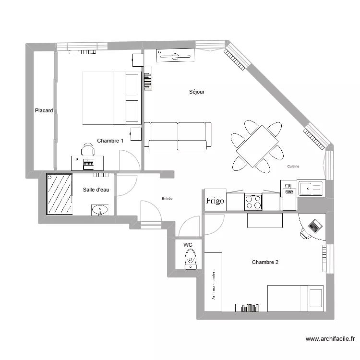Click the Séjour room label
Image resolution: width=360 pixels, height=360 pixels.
pos(197,92)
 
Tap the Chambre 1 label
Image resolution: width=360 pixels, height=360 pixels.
pos(110,141)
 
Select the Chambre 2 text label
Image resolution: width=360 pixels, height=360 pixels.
pos(265,262)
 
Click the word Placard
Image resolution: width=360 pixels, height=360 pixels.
pos(44,110)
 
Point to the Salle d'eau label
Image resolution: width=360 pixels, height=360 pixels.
pos(96,190)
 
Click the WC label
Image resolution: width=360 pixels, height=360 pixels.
pos(188,244)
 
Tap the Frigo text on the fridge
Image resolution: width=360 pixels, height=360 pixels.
pos(215,201)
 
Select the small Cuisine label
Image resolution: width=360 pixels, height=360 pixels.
pos(293,167)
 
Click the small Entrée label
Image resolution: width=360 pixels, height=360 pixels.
pos(167,198)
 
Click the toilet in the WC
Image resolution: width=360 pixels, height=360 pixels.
pos(191,258)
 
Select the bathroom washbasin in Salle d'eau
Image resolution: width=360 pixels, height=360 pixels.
pos(100,210)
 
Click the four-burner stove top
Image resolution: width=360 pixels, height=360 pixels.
pos(253,202)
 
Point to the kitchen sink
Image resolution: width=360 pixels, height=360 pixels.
pos(311,188)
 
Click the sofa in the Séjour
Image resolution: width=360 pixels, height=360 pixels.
pos(178,136)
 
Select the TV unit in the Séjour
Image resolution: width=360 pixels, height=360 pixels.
pos(176,56)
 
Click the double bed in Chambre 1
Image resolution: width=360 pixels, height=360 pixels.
pos(111,98)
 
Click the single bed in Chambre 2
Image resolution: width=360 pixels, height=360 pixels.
pos(295,298)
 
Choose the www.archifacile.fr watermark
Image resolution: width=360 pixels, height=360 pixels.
pos(329,339)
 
